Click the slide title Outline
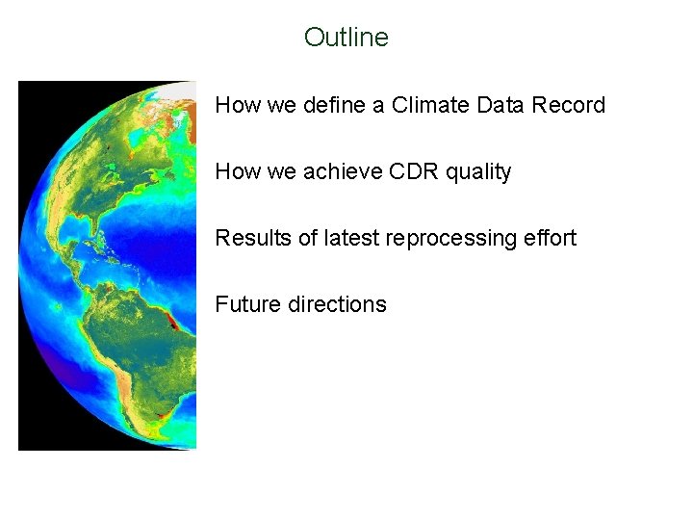pyautogui.click(x=346, y=38)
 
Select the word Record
pyautogui.click(x=568, y=105)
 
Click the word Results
pyautogui.click(x=252, y=238)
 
